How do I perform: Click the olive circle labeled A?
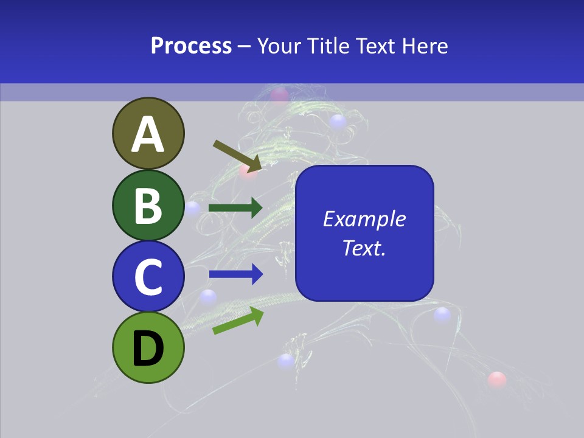tap(148, 133)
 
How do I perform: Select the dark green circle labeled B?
tap(148, 205)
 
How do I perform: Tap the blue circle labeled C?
tap(148, 276)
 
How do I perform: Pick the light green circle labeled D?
tap(148, 347)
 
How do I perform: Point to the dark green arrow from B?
tap(235, 208)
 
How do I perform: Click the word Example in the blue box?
tap(364, 219)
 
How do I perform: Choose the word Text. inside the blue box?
tap(364, 248)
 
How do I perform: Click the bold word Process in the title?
tap(191, 46)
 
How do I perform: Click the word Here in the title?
tap(426, 46)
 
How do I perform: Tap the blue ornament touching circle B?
tap(193, 209)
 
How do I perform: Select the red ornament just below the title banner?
tap(279, 95)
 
